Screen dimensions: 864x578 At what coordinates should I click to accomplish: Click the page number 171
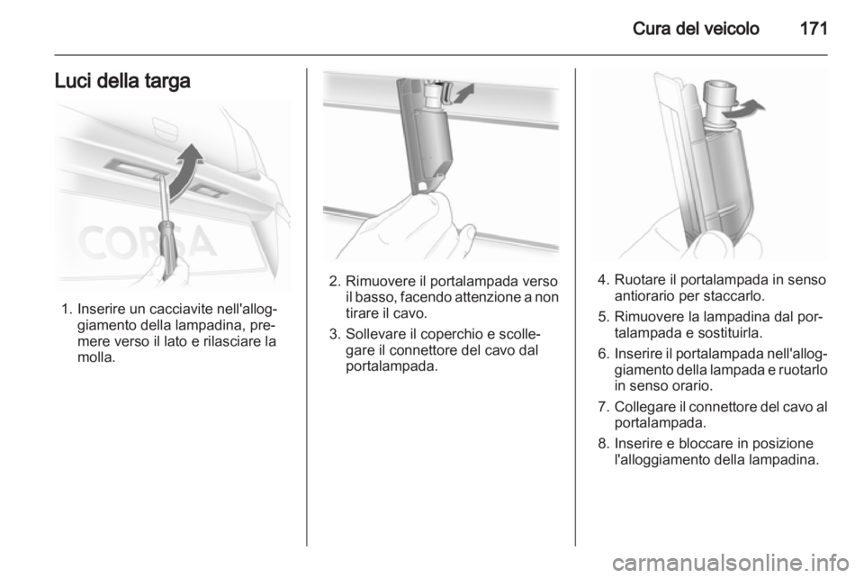point(813,28)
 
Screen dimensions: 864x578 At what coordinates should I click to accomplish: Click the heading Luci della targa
point(122,81)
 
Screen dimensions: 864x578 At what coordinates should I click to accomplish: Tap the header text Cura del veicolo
point(696,28)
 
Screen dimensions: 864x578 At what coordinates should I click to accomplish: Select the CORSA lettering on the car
point(146,242)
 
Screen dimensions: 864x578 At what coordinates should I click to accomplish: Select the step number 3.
point(334,334)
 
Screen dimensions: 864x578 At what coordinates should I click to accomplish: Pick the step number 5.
point(603,317)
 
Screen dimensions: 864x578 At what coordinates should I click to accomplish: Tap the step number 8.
point(603,444)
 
